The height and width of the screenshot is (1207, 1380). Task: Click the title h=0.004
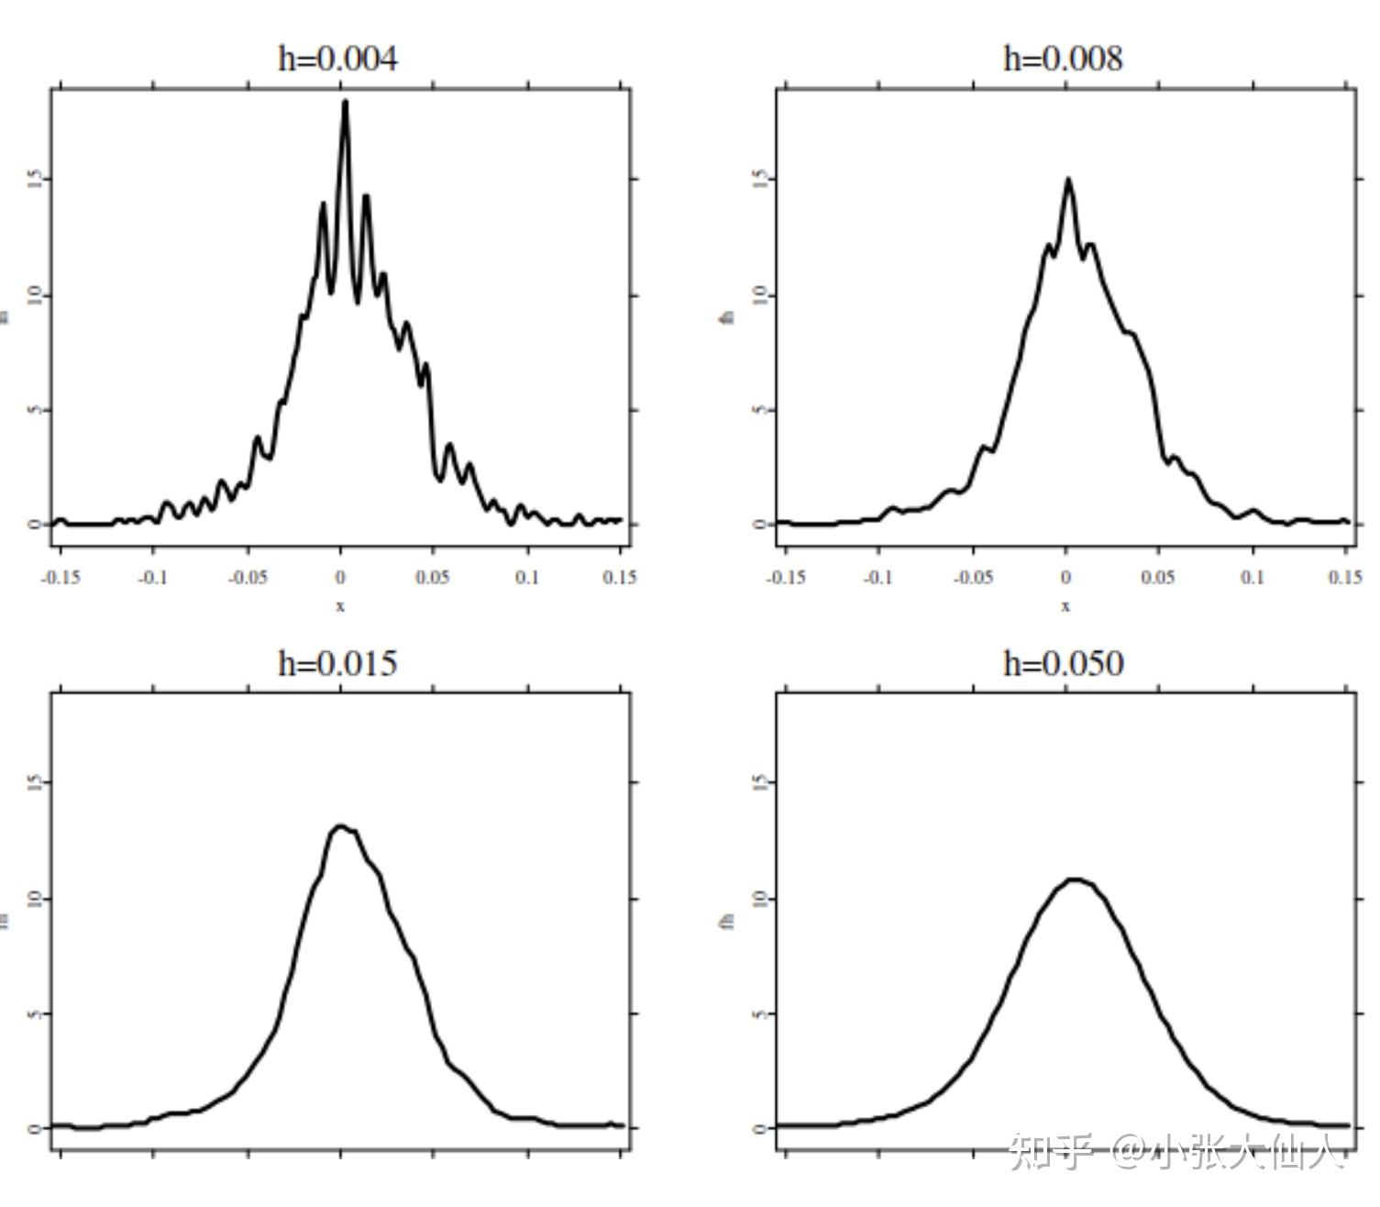pyautogui.click(x=337, y=59)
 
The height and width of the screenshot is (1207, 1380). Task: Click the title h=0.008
pyautogui.click(x=1063, y=59)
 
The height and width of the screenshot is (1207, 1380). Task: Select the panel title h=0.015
pyautogui.click(x=337, y=663)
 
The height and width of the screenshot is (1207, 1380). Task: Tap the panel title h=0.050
pyautogui.click(x=1063, y=663)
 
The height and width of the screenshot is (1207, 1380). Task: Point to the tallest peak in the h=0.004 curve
pyautogui.click(x=345, y=102)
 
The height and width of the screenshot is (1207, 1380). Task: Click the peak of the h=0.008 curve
pyautogui.click(x=1068, y=179)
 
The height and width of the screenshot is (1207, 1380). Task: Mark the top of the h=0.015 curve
pyautogui.click(x=341, y=826)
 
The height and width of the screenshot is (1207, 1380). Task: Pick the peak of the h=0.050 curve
pyautogui.click(x=1075, y=880)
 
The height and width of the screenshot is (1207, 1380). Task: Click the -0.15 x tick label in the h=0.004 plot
pyautogui.click(x=61, y=578)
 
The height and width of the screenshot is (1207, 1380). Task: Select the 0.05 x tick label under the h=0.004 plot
pyautogui.click(x=432, y=578)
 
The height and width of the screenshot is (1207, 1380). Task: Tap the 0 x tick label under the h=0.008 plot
pyautogui.click(x=1065, y=578)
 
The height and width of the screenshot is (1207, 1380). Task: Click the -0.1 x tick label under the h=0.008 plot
pyautogui.click(x=878, y=578)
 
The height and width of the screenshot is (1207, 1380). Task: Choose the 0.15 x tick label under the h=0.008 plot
pyautogui.click(x=1344, y=578)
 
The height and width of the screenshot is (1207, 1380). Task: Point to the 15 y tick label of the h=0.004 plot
pyautogui.click(x=35, y=179)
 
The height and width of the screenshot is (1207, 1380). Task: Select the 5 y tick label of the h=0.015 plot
pyautogui.click(x=35, y=1013)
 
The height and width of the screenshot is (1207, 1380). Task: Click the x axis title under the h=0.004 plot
pyautogui.click(x=340, y=606)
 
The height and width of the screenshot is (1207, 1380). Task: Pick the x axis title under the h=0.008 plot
pyautogui.click(x=1065, y=606)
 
